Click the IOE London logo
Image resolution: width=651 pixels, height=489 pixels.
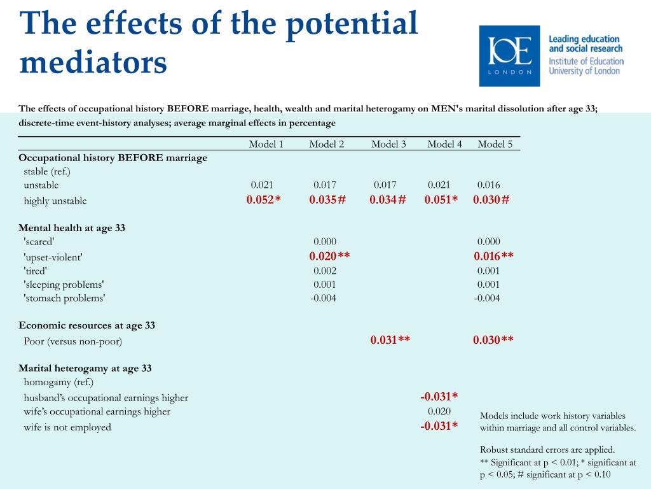point(509,56)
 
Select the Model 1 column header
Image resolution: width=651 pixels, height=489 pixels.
point(266,144)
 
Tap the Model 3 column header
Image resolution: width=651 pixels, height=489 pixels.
point(388,144)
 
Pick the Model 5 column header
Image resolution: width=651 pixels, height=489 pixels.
point(495,144)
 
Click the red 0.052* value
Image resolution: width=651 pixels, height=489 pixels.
point(263,200)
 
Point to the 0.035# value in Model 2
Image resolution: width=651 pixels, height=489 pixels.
point(327,200)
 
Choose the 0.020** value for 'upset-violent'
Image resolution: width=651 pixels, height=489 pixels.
point(329,256)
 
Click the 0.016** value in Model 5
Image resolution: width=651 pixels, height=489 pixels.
point(493,256)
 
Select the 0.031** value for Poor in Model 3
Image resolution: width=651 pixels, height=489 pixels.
point(390,340)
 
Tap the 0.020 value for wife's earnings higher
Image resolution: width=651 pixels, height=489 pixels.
point(439,411)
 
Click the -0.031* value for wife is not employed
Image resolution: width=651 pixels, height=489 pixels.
point(439,426)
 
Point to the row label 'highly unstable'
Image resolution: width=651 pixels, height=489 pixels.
point(55,201)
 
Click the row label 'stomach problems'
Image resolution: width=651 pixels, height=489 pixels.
point(65,298)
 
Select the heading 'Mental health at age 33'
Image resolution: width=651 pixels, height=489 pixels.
point(72,228)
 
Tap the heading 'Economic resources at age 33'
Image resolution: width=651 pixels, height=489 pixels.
point(86,325)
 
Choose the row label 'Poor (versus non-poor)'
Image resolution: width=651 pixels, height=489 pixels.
point(73,341)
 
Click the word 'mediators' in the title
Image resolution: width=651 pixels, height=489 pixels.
point(93,62)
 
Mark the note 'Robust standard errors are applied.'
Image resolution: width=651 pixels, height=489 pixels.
point(547,450)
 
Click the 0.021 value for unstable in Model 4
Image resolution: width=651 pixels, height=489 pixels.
point(439,185)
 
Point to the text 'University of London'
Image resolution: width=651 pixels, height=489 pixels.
point(584,71)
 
